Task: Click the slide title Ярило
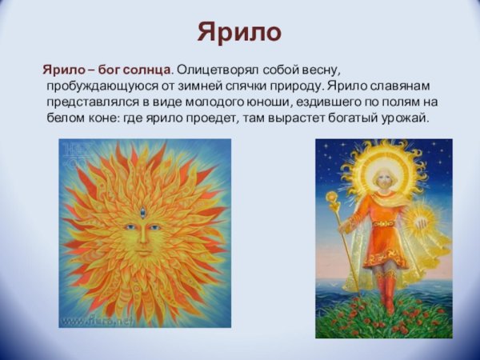point(240,33)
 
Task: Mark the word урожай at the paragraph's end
point(406,118)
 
